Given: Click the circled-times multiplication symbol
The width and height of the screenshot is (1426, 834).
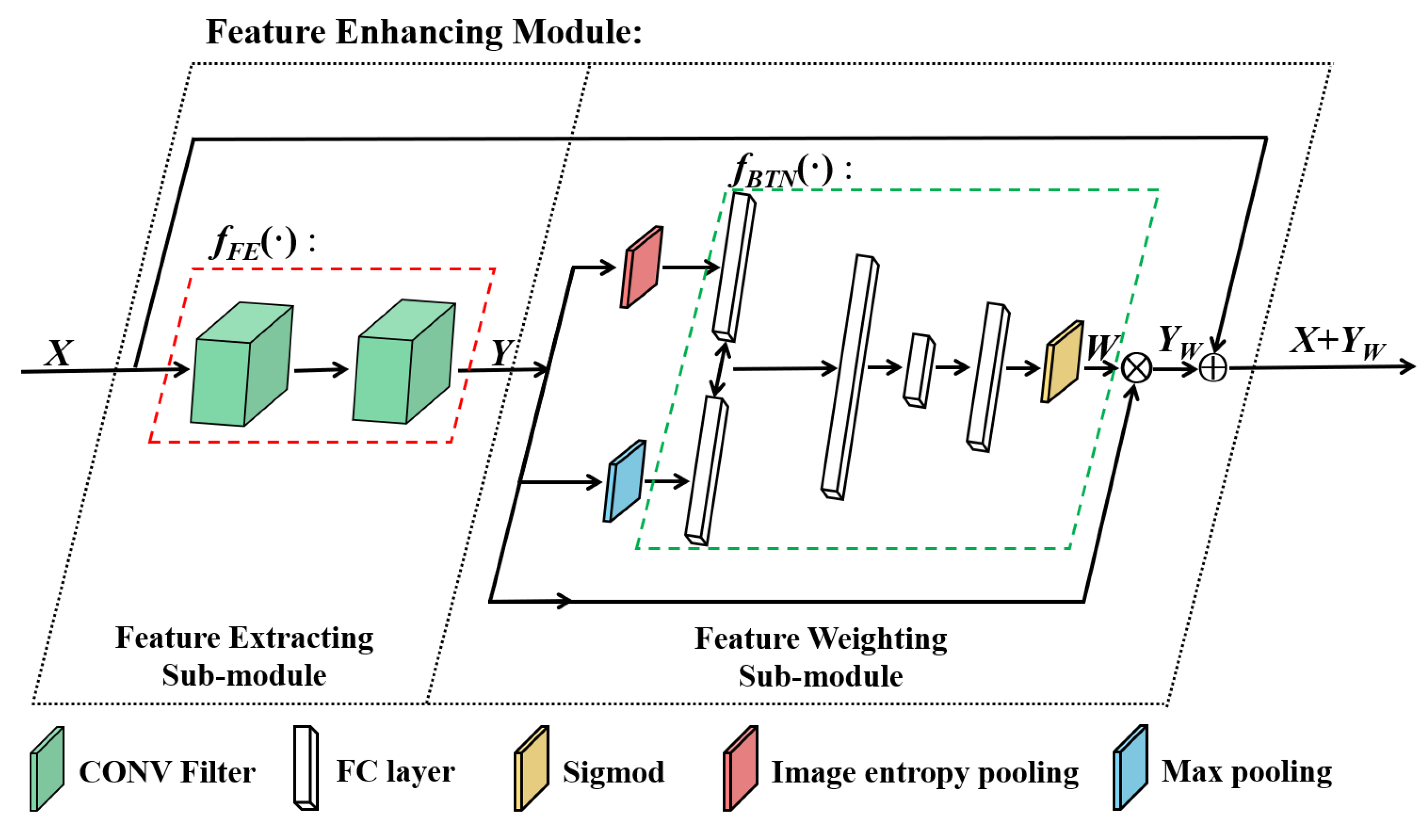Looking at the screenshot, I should tap(1136, 368).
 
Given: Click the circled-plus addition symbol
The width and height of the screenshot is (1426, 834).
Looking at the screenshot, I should tap(1213, 368).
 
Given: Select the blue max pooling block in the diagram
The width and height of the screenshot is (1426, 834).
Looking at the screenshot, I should tap(624, 481).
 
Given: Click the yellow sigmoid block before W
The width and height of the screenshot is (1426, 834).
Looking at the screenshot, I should tap(1062, 362).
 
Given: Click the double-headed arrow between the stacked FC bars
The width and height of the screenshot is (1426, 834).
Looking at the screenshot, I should tap(720, 369).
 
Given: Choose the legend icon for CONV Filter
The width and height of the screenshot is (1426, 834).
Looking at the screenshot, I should tap(47, 769).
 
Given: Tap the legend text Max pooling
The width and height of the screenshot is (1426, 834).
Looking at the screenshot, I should tap(1247, 771).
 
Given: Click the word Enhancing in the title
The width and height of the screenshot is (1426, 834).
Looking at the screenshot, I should tap(419, 32).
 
